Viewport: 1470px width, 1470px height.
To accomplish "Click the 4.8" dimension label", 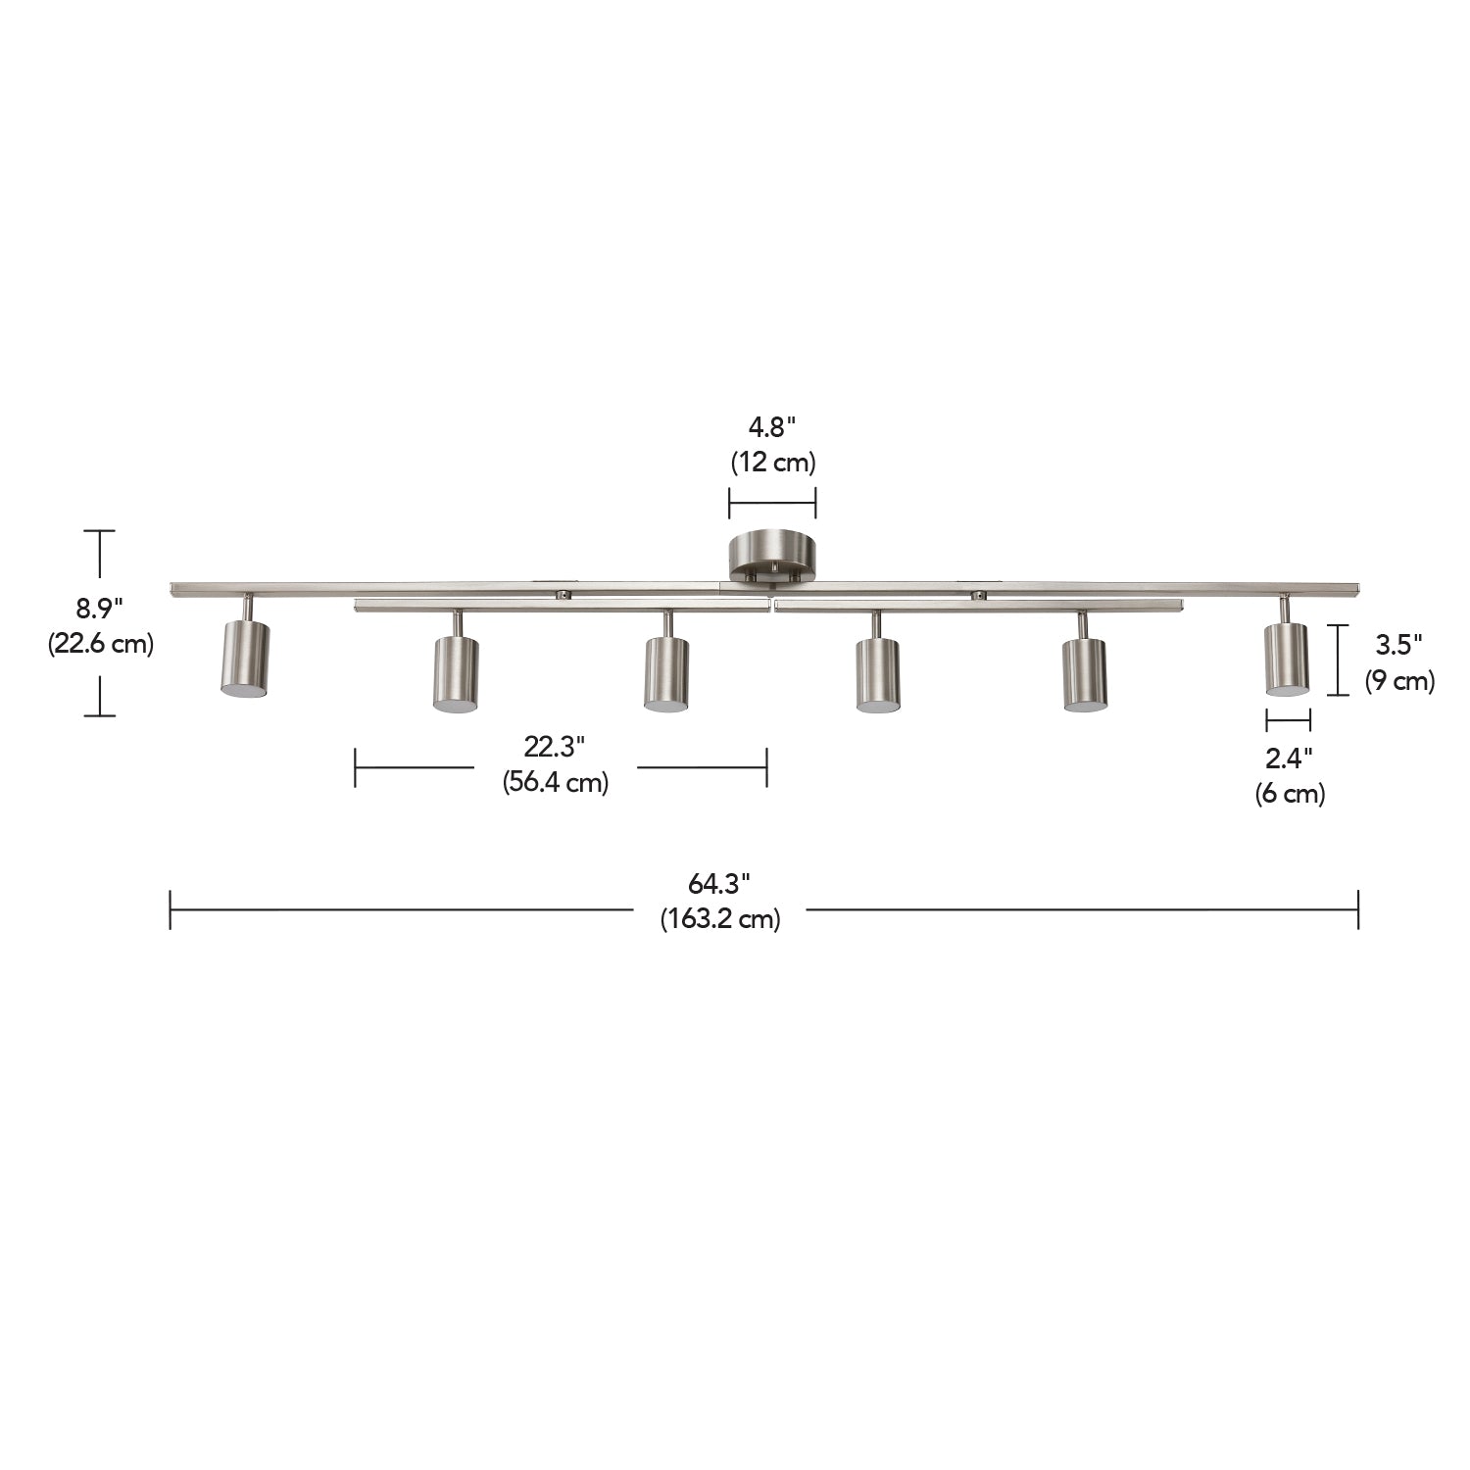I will coord(772,427).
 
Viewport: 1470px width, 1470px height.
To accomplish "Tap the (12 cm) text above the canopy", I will coord(772,462).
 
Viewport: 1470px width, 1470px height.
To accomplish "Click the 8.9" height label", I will coord(99,609).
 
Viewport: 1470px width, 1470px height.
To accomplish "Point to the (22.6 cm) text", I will coord(101,644).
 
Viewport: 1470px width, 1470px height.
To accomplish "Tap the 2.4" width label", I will coord(1289,758).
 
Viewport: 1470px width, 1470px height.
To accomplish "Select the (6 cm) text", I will coord(1290,793).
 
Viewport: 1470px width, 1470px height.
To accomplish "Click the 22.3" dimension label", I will coord(554,747).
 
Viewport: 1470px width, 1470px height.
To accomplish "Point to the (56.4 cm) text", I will coord(556,782).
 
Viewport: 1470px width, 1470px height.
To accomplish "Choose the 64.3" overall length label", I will coord(718,883).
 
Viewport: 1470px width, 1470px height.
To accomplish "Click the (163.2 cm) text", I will coord(719,919).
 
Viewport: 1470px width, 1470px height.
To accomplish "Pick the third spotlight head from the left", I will coord(666,673).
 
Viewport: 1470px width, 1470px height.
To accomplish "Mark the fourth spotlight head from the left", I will coord(877,673).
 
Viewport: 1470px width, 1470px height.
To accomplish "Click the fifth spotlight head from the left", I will coord(1085,673).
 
